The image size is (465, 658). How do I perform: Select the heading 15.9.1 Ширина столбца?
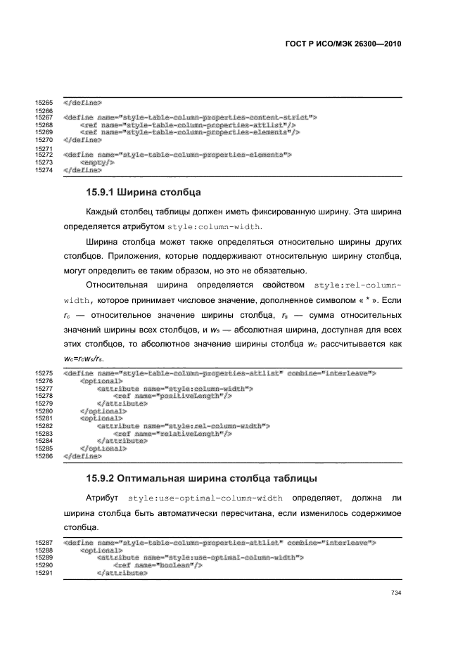coord(144,191)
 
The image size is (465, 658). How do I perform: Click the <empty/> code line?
coord(98,162)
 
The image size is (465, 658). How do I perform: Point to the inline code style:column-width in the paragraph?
coord(215,226)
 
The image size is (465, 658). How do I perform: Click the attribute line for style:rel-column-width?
coord(183,426)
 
